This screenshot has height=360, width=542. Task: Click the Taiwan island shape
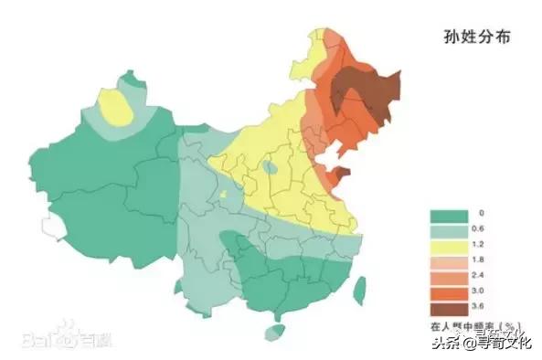tap(359, 291)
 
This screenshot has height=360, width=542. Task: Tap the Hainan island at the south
tap(273, 334)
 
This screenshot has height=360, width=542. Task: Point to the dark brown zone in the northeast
tap(361, 91)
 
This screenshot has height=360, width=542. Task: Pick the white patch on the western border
tap(50, 223)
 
